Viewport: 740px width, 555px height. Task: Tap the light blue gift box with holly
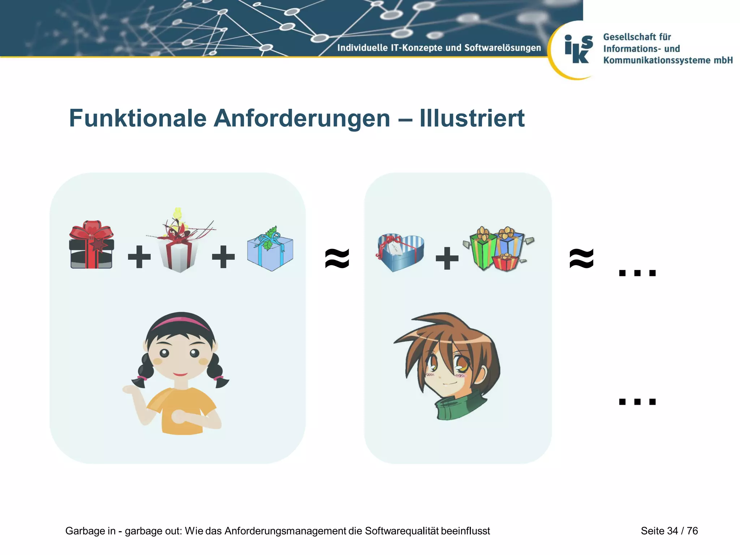[x=270, y=250]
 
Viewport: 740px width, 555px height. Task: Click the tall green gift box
[x=483, y=249]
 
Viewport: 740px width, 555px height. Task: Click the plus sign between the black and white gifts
[x=139, y=257]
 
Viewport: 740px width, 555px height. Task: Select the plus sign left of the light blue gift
[x=223, y=257]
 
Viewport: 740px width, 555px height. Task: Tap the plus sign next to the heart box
[x=447, y=258]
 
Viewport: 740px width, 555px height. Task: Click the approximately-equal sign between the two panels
[x=337, y=258]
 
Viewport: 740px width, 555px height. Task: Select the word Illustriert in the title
[x=472, y=119]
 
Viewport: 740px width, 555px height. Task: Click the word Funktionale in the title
[x=138, y=119]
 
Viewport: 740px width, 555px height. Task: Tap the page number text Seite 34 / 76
[x=669, y=531]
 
